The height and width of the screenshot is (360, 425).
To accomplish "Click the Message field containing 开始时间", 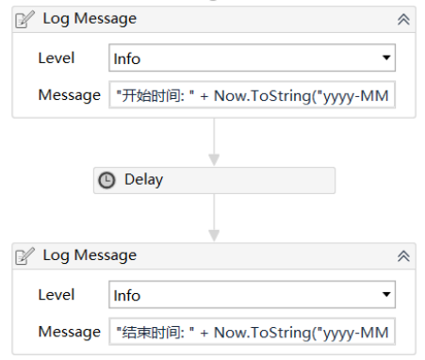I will tap(253, 95).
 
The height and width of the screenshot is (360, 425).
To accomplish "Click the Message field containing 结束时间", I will tap(253, 332).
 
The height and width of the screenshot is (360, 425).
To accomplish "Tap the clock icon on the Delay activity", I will tap(107, 180).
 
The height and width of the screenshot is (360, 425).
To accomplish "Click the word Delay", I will tap(144, 180).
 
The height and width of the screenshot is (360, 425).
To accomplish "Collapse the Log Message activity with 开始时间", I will tap(403, 19).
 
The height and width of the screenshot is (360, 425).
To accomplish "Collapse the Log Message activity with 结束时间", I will tap(403, 255).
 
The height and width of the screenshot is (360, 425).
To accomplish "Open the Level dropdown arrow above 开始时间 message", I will tap(385, 58).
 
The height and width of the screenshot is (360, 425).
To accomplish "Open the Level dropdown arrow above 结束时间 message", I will tap(385, 295).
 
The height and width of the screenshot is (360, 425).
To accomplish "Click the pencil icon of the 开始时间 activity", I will tap(26, 19).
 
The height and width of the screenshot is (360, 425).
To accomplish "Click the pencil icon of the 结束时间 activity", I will tap(26, 255).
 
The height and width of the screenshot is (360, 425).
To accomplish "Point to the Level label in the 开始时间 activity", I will tap(56, 57).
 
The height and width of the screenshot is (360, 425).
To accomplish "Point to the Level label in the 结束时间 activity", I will tap(56, 294).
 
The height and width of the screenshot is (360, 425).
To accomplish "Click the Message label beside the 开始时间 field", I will tap(69, 94).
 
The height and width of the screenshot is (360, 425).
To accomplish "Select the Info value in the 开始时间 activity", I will tap(127, 58).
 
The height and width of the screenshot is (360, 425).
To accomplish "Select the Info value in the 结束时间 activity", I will tap(127, 295).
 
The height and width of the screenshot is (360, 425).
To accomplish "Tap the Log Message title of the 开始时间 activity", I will tap(90, 19).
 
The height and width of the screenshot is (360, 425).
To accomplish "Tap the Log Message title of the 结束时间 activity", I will tap(90, 255).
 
